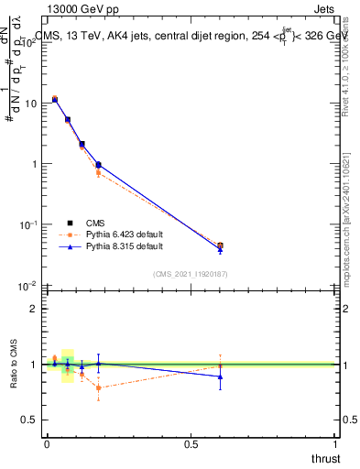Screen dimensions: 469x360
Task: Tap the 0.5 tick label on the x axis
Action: pyautogui.click(x=191, y=444)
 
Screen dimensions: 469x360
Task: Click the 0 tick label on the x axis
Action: pyautogui.click(x=46, y=444)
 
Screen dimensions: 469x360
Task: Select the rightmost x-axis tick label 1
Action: pyautogui.click(x=335, y=444)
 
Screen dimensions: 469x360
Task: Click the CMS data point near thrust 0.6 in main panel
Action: pyautogui.click(x=220, y=245)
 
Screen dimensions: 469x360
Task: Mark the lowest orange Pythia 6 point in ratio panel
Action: pyautogui.click(x=98, y=387)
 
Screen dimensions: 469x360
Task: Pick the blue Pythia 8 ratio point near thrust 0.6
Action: pyautogui.click(x=220, y=376)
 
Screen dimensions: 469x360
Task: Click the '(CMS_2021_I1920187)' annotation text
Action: pyautogui.click(x=190, y=273)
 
